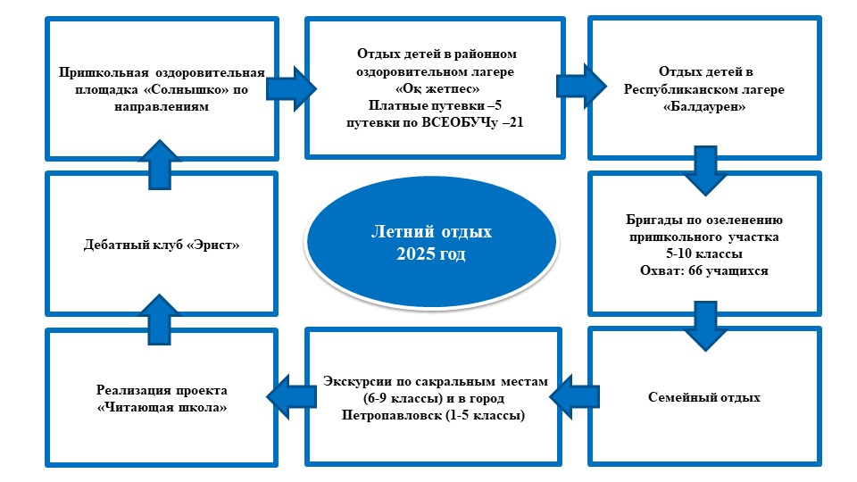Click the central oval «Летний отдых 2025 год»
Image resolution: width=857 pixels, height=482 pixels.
pos(431,242)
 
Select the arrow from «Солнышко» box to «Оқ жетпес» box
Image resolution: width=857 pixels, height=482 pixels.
pos(291,89)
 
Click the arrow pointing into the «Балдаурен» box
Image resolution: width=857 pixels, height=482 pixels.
pos(581,87)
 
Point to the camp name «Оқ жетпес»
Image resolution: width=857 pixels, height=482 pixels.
pos(437,88)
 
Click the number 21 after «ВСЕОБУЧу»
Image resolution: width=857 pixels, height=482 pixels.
pos(516,122)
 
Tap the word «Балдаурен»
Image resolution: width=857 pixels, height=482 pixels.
pos(704,107)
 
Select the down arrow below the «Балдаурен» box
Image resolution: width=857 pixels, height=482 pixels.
pos(705,170)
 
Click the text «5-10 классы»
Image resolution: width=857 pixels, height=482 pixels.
pos(704,254)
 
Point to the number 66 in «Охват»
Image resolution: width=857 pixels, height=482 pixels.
pos(695,271)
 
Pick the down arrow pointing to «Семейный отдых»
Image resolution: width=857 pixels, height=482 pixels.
pos(705,327)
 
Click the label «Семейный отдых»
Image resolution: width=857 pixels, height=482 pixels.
pos(704,398)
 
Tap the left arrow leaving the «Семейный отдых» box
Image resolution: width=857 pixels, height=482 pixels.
pos(574,396)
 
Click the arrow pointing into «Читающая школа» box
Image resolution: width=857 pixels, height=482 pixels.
pos(291,396)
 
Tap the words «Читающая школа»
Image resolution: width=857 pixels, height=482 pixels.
pos(162,408)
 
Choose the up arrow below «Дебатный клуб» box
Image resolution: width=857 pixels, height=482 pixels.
pos(159,320)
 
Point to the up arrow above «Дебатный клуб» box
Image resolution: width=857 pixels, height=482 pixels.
pos(159,164)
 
